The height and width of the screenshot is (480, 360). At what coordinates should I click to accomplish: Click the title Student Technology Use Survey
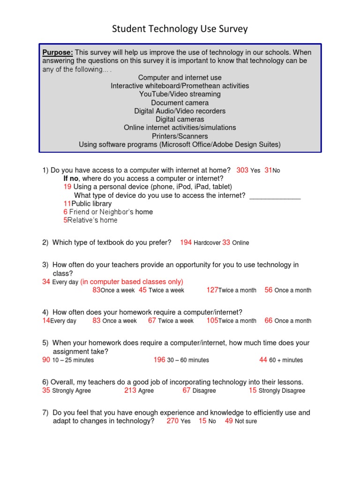click(x=180, y=29)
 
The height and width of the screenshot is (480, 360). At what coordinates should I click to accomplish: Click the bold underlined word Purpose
click(x=58, y=52)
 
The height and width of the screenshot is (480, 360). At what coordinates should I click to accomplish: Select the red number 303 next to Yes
click(x=242, y=170)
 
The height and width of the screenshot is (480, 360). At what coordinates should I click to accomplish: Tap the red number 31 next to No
click(x=268, y=170)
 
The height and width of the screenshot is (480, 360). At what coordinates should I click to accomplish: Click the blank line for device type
click(x=275, y=196)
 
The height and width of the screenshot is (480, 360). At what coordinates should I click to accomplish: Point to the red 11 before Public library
click(x=67, y=204)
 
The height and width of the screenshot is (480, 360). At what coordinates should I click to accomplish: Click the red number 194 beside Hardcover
click(x=186, y=242)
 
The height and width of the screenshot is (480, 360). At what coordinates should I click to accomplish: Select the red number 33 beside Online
click(x=226, y=242)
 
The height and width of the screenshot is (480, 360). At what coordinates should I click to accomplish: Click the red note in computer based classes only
click(x=132, y=282)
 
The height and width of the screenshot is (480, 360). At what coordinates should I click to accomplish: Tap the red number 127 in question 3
click(x=212, y=290)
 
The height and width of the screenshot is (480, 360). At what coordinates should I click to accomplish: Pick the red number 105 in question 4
click(x=212, y=321)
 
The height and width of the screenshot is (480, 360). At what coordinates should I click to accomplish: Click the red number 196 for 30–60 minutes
click(x=159, y=360)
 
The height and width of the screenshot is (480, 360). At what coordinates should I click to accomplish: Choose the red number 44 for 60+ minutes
click(x=263, y=360)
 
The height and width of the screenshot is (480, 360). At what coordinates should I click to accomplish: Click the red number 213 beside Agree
click(x=130, y=390)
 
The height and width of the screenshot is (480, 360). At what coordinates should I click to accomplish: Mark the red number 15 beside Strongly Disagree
click(x=253, y=390)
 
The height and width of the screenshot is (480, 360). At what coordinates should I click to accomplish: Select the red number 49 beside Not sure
click(x=229, y=421)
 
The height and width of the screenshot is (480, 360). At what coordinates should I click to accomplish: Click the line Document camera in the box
click(x=180, y=103)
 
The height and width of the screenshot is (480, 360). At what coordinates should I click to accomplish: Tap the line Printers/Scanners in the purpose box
click(x=180, y=136)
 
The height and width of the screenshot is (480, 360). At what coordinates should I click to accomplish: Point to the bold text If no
click(x=72, y=179)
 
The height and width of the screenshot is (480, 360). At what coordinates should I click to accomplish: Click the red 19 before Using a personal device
click(x=67, y=187)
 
